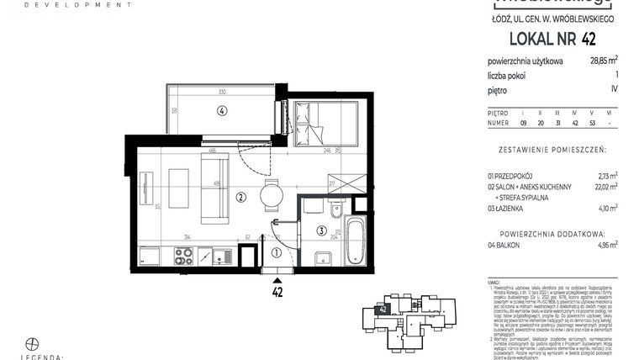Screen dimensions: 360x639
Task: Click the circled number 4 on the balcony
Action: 222,109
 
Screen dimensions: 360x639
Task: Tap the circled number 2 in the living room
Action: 240,199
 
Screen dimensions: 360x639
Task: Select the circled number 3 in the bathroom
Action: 321,230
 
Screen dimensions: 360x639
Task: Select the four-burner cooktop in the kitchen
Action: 183,255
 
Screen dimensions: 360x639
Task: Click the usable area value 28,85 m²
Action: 601,61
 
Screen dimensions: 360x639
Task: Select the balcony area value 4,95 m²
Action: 606,245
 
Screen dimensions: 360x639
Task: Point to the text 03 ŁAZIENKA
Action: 511,207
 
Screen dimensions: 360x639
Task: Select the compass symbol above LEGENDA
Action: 33,343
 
